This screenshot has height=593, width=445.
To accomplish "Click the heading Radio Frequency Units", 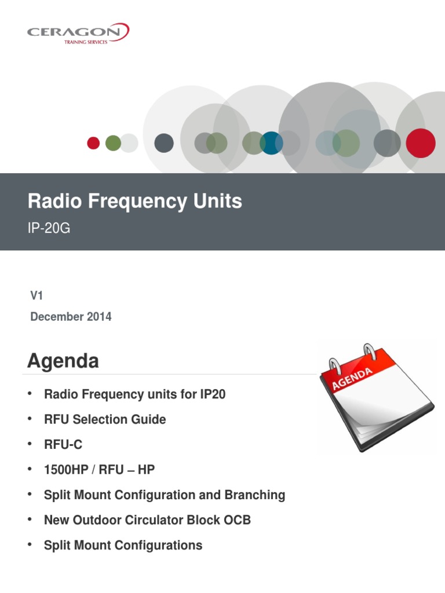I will point(135,202).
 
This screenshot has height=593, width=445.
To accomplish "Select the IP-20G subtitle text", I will point(49,228).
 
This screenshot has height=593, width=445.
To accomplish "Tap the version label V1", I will point(37,295).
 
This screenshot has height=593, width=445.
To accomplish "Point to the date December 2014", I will point(71,317).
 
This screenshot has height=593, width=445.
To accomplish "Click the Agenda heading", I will point(63,361).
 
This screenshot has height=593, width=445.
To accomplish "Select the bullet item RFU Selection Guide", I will point(105,419).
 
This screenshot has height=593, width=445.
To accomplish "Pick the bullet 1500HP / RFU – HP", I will point(99,470).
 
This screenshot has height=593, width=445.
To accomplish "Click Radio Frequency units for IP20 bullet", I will point(134,394).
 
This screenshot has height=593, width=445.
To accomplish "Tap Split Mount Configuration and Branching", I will point(165,495).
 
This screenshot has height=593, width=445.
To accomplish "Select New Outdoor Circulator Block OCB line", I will point(147,520).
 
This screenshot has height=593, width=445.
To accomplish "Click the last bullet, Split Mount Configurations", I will point(123,545).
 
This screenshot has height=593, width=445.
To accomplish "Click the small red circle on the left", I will point(93,143).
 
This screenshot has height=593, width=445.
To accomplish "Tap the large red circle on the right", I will point(420,143).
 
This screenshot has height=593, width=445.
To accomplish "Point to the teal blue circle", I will point(271,143).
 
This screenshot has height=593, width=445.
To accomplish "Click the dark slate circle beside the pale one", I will point(164,143).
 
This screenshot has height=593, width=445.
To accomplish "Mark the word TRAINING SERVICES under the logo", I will point(85,42).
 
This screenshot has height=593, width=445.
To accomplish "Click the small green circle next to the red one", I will point(113,143).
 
